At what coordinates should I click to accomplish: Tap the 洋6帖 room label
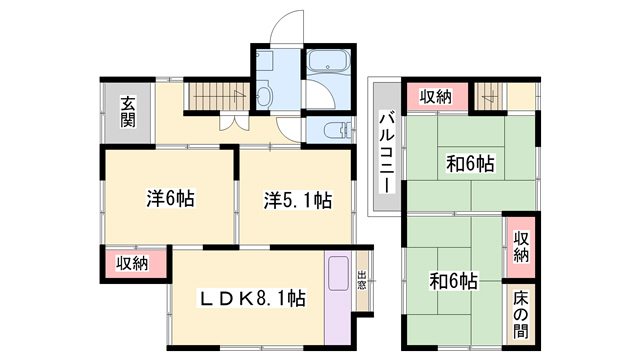coord(171,198)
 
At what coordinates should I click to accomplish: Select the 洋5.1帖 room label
coord(297,200)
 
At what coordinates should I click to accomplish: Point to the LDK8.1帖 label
coord(251,298)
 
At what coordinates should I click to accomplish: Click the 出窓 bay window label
coord(362,280)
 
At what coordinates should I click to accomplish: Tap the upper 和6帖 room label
coord(470,164)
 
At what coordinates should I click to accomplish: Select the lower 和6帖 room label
coord(453,281)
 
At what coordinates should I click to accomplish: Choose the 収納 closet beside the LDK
coord(132,264)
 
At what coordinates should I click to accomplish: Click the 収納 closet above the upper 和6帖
coord(436,97)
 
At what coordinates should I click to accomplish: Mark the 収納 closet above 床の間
coord(521,247)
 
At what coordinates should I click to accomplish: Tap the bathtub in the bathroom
coord(328,60)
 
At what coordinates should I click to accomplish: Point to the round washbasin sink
coord(265,95)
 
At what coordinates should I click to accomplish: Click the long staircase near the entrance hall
coord(218,96)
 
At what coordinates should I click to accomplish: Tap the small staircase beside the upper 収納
coord(490,96)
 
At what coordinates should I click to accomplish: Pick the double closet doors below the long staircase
coord(234,122)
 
